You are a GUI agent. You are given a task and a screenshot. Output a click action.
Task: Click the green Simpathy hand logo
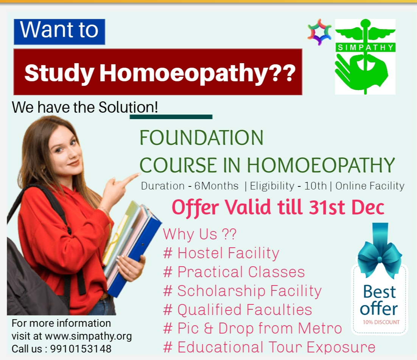pyautogui.click(x=365, y=57)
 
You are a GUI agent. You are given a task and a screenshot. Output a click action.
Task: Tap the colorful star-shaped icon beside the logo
pyautogui.click(x=319, y=32)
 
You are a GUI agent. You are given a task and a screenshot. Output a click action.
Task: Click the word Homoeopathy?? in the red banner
pyautogui.click(x=197, y=73)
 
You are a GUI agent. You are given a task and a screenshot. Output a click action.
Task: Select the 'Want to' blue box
pyautogui.click(x=59, y=32)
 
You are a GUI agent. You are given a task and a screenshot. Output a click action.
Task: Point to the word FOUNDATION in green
pyautogui.click(x=202, y=138)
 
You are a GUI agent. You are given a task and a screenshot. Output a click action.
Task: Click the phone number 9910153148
pyautogui.click(x=81, y=349)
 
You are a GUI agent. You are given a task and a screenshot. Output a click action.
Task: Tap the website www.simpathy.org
pyautogui.click(x=88, y=336)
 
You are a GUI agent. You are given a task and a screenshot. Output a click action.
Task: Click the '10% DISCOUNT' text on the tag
pyautogui.click(x=381, y=322)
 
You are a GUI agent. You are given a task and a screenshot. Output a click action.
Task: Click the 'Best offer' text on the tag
pyautogui.click(x=379, y=300)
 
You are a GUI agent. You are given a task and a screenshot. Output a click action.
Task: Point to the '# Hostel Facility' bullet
pyautogui.click(x=221, y=253)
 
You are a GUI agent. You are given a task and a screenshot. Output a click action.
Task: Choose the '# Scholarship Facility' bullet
pyautogui.click(x=242, y=291)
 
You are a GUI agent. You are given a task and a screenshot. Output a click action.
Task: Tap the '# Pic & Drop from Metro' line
pyautogui.click(x=252, y=328)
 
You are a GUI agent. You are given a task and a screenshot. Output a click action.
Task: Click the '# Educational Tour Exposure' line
pyautogui.click(x=269, y=347)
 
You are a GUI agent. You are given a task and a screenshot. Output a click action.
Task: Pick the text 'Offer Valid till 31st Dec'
pyautogui.click(x=278, y=207)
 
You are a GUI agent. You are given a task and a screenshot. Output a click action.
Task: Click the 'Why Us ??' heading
pyautogui.click(x=200, y=234)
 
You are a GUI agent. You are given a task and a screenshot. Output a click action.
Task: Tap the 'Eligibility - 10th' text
pyautogui.click(x=288, y=186)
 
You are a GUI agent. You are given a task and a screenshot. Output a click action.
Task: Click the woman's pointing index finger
pyautogui.click(x=131, y=178)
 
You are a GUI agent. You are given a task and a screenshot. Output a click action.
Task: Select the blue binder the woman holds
pyautogui.click(x=134, y=252)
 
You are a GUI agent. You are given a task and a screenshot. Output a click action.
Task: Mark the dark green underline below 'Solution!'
pyautogui.click(x=171, y=117)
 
